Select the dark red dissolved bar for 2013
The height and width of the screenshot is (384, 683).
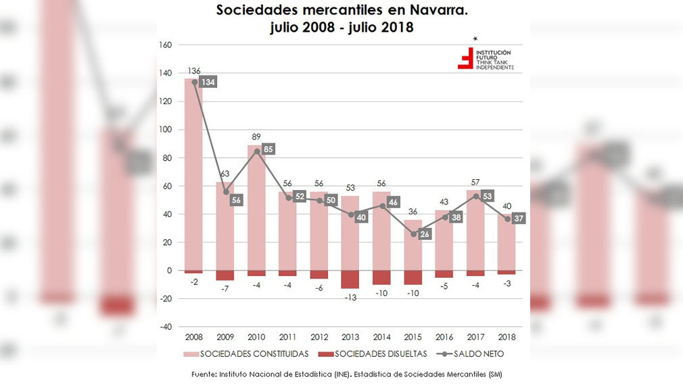pyautogui.click(x=350, y=279)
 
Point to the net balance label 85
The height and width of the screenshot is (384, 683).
pyautogui.click(x=268, y=149)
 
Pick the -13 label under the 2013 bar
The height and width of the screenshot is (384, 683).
pyautogui.click(x=350, y=297)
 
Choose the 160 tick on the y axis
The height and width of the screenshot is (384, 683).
pyautogui.click(x=165, y=45)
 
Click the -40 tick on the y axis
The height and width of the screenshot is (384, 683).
pyautogui.click(x=165, y=327)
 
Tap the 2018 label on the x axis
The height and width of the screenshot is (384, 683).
pyautogui.click(x=506, y=337)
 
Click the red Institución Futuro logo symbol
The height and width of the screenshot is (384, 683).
pyautogui.click(x=465, y=59)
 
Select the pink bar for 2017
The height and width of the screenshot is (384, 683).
pyautogui.click(x=475, y=230)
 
